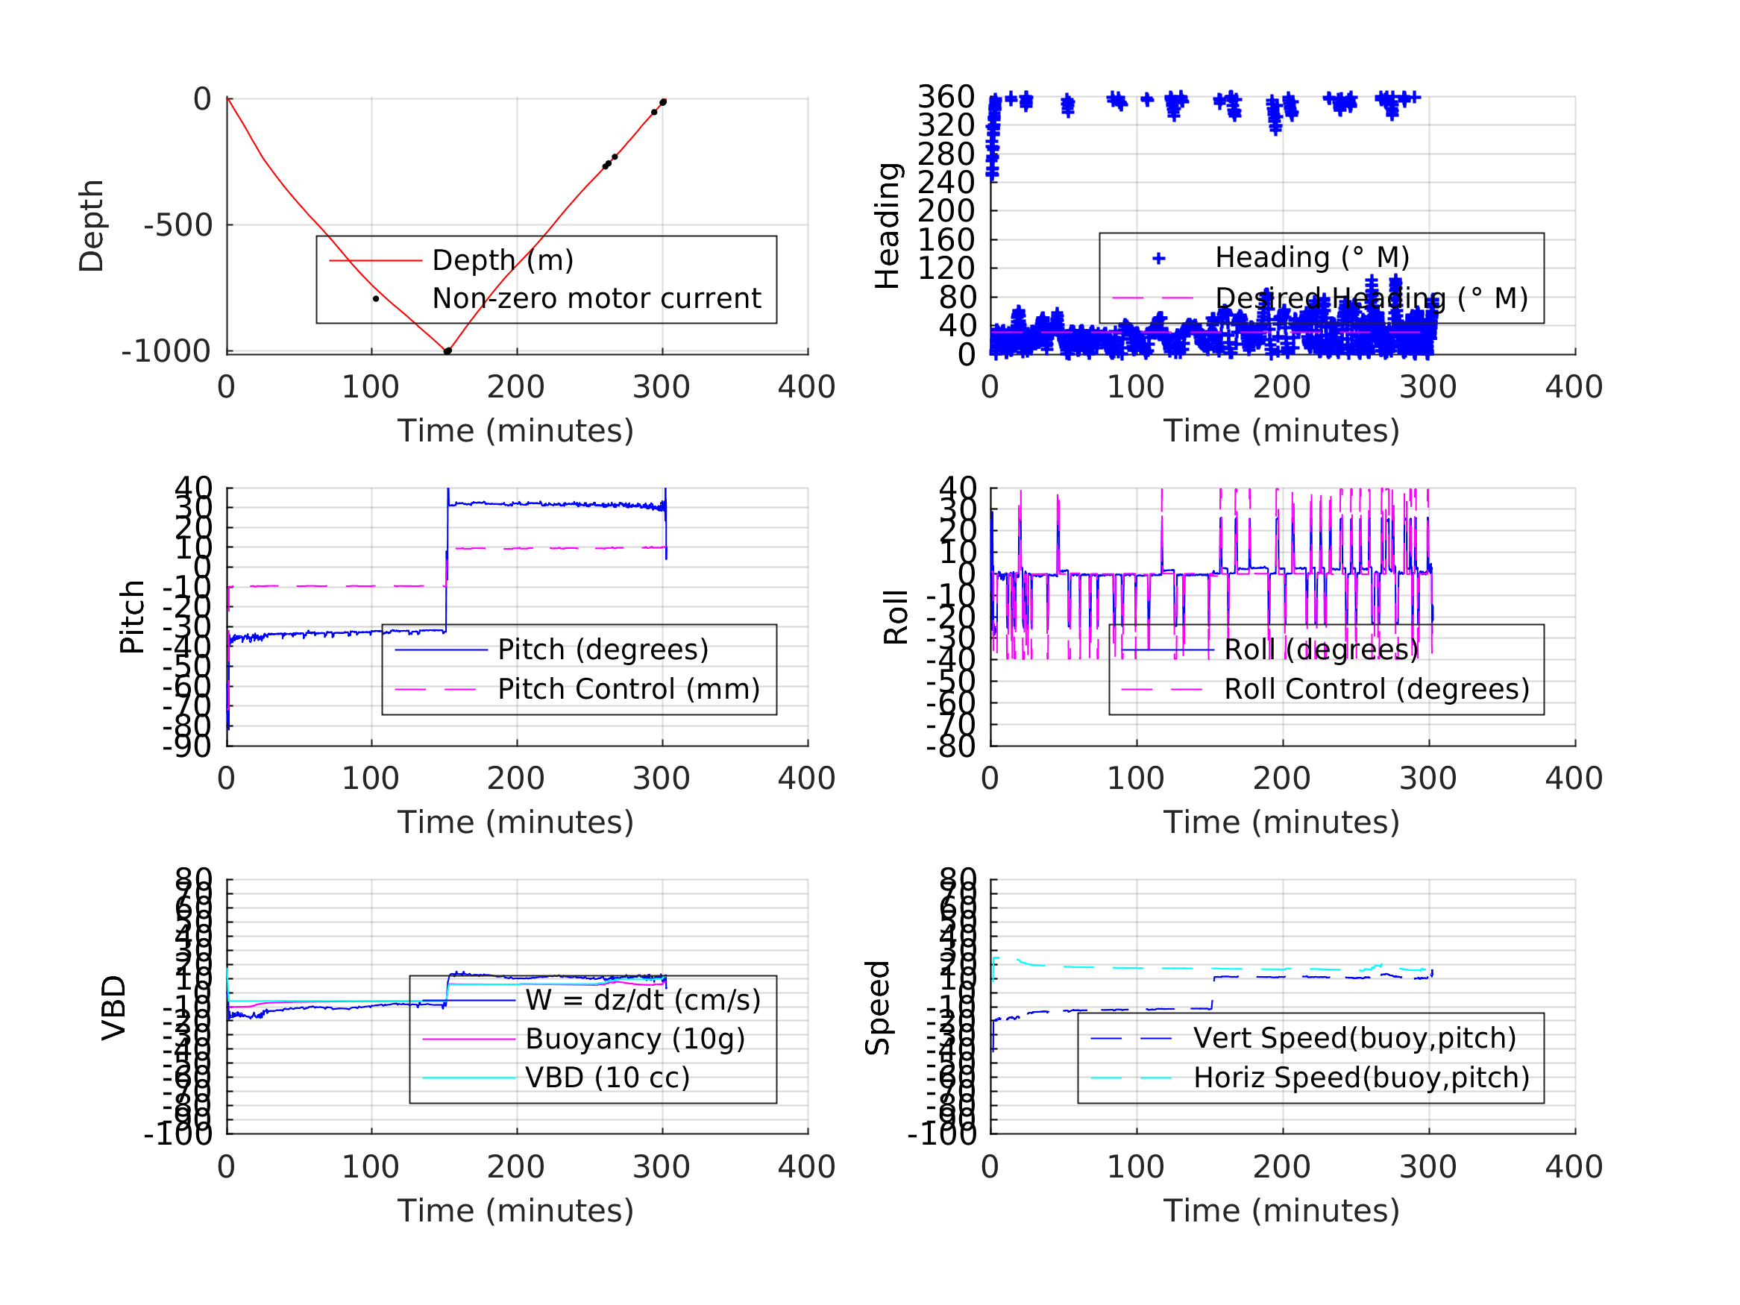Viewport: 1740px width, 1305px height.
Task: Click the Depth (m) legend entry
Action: point(503,260)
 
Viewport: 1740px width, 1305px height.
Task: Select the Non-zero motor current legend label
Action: point(596,299)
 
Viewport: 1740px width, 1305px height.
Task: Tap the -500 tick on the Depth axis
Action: point(178,226)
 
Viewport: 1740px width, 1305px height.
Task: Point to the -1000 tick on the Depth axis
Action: point(166,352)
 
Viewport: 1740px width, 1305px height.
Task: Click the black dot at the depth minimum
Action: point(447,352)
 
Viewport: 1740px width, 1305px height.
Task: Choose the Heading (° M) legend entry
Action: point(1311,258)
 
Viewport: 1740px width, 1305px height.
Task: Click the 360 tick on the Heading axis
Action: point(946,98)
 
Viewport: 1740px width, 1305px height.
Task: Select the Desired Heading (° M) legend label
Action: point(1371,299)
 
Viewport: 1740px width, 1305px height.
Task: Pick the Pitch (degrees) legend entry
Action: point(603,650)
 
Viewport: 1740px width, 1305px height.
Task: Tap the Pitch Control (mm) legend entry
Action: point(629,690)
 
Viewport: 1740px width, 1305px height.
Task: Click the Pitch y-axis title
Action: point(132,617)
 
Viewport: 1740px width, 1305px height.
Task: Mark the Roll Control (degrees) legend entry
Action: point(1377,690)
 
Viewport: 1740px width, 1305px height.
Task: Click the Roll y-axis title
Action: point(896,617)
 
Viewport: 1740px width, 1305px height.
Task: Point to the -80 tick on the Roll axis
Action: point(950,746)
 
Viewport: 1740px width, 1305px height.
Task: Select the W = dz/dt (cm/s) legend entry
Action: point(643,1001)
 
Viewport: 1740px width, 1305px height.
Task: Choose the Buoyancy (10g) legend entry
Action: point(635,1039)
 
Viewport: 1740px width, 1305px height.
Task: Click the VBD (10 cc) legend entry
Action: point(607,1078)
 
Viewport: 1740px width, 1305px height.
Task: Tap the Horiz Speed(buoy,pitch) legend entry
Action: point(1361,1078)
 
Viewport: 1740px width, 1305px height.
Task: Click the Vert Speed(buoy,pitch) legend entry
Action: point(1354,1038)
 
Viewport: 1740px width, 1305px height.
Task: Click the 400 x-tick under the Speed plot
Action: point(1574,1166)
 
